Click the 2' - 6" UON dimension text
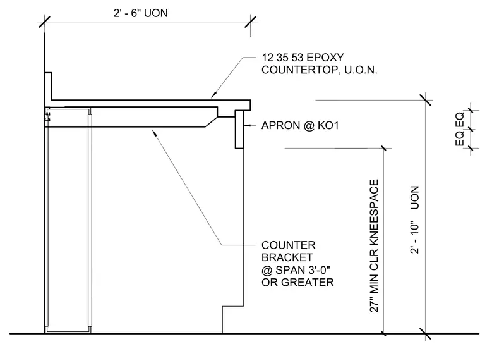point(140,13)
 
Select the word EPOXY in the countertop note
point(325,58)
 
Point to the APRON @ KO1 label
point(300,125)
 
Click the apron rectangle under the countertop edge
point(239,130)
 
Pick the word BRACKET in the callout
point(287,257)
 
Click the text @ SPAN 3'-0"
point(296,270)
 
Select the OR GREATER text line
point(297,282)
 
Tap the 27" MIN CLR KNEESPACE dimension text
point(374,246)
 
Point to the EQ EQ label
point(460,129)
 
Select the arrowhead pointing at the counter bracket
point(155,133)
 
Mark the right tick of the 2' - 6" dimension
point(250,22)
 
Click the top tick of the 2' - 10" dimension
point(426,100)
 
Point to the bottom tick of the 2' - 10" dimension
point(425,333)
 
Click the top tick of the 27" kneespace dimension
point(383,149)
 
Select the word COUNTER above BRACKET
point(289,245)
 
